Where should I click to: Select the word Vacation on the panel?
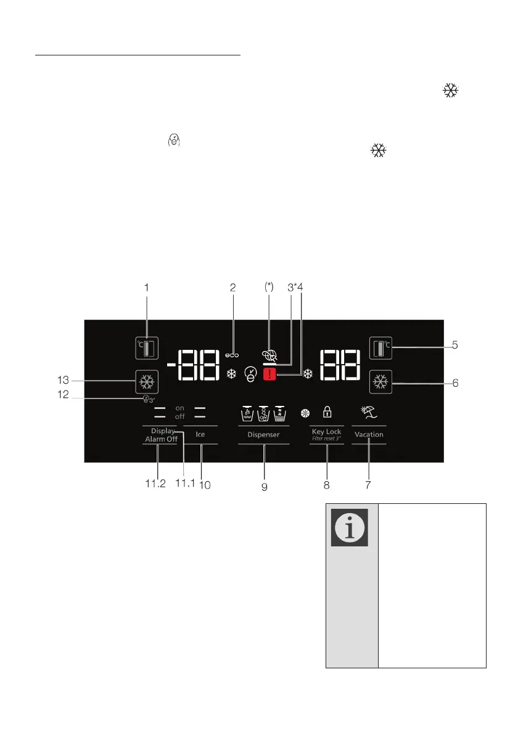pos(369,434)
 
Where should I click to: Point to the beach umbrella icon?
pos(368,411)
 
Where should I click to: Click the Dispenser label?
pos(264,434)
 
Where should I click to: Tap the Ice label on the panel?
pos(200,434)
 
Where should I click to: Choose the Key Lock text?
pos(326,431)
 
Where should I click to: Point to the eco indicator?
pos(232,355)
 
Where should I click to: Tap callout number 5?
pos(454,346)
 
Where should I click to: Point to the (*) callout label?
pos(269,287)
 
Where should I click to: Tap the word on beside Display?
pos(180,408)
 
